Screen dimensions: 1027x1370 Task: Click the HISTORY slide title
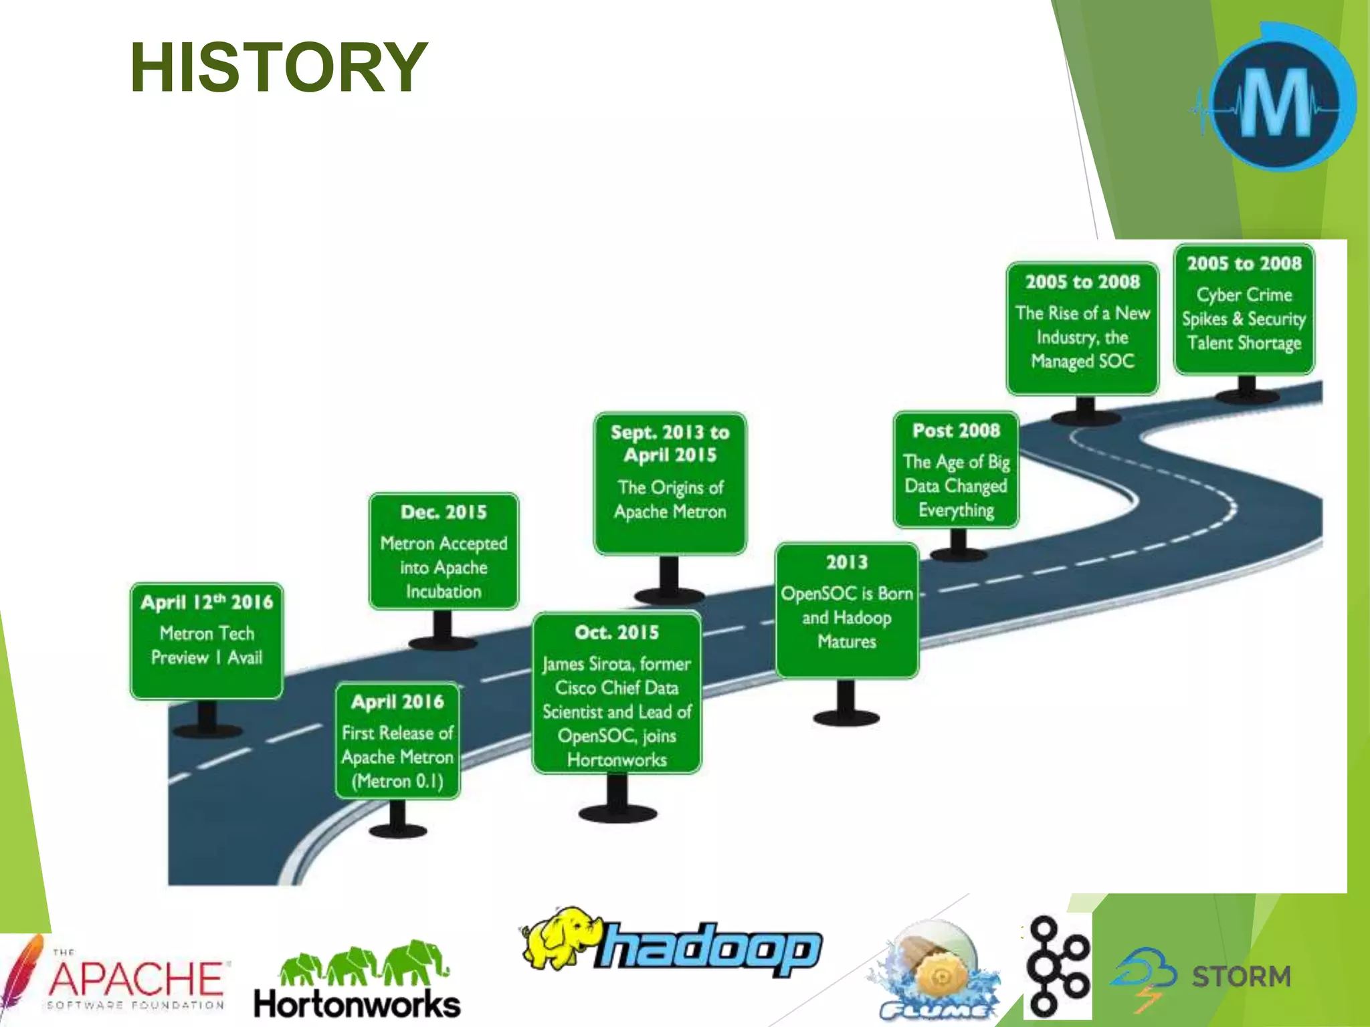278,68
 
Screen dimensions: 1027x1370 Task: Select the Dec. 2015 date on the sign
444,512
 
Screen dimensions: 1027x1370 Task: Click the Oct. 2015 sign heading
617,633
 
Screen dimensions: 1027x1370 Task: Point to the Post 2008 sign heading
956,431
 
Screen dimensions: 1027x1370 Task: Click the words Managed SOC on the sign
1082,362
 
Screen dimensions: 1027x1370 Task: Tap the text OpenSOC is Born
847,594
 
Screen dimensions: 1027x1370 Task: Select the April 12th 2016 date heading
207,602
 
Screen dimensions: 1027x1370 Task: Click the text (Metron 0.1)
397,781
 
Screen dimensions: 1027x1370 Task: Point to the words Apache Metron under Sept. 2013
670,512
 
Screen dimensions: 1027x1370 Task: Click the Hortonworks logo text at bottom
357,1005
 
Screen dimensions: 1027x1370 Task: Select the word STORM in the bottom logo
1241,977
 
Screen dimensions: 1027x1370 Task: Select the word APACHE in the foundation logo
137,979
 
